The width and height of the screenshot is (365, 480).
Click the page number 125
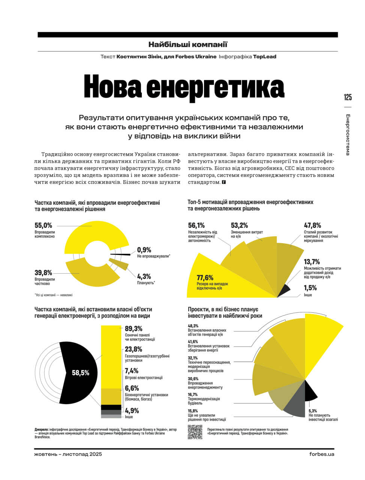point(348,97)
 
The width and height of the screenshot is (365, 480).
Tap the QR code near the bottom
point(195,432)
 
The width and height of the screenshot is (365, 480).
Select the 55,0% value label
point(44,225)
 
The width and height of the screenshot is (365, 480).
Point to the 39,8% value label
point(44,273)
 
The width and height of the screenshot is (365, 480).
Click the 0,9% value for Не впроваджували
point(144,250)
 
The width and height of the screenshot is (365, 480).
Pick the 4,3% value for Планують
point(144,276)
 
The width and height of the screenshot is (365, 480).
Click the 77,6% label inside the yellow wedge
point(205,278)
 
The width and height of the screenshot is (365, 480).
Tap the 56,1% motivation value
point(197,225)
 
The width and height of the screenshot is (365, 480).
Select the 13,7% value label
point(312,262)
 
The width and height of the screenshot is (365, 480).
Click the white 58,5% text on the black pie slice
point(81,373)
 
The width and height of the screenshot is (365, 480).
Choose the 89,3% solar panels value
point(134,328)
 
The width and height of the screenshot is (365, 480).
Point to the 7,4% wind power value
point(132,371)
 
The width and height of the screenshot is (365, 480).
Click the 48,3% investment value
point(193,326)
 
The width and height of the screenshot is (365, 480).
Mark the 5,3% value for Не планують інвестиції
point(313,411)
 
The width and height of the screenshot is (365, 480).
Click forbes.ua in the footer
point(321,454)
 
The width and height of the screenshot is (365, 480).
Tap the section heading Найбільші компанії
point(188,45)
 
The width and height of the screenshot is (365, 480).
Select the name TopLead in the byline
point(264,57)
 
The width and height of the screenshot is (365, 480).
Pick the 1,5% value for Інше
point(310,288)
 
